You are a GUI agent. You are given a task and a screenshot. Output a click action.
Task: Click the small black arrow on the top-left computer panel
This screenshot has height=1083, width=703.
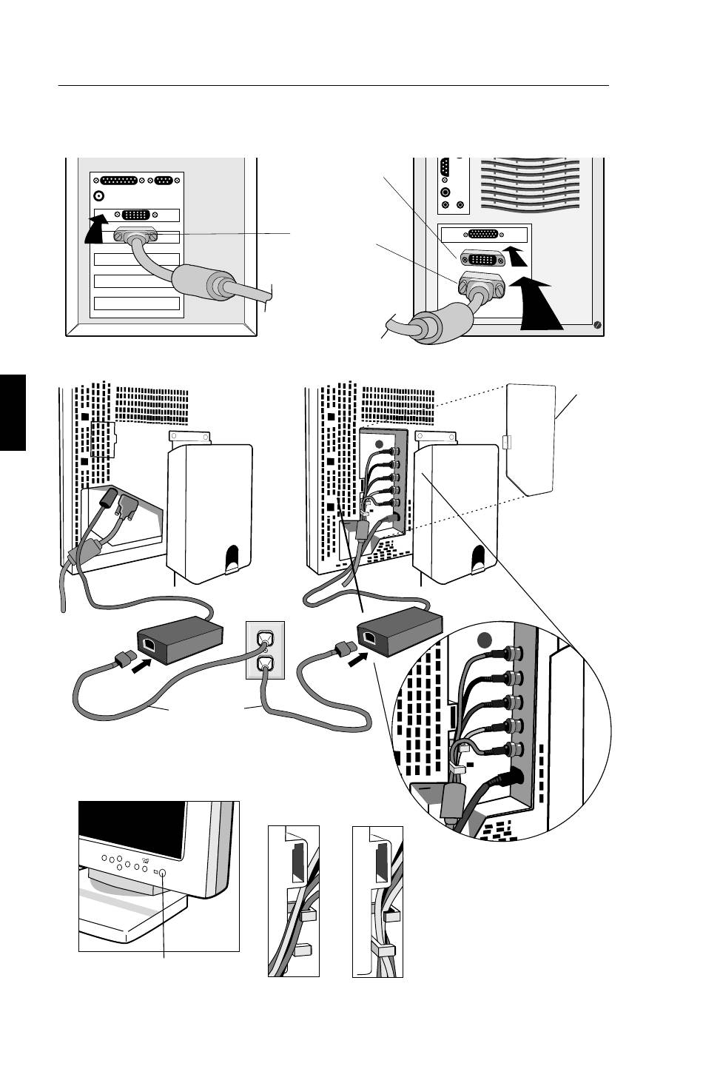coord(95,229)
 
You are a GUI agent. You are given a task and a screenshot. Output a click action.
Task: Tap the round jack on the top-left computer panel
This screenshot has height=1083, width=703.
coord(99,196)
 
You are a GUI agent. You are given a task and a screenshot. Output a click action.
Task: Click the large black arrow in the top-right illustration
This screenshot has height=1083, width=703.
coord(539,304)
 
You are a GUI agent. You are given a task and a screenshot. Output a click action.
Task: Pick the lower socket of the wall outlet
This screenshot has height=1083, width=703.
coord(264,664)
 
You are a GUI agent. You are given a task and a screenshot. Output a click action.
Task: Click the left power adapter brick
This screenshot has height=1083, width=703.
coord(180,639)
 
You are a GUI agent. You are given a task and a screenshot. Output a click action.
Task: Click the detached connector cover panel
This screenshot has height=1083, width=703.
coord(531,437)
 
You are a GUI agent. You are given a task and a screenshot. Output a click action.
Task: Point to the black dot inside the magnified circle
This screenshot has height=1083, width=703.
coord(485,640)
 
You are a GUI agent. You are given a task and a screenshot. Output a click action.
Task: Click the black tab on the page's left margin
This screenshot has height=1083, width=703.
coord(13,412)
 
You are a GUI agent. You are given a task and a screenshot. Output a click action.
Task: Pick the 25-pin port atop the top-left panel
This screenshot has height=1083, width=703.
coord(123,180)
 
